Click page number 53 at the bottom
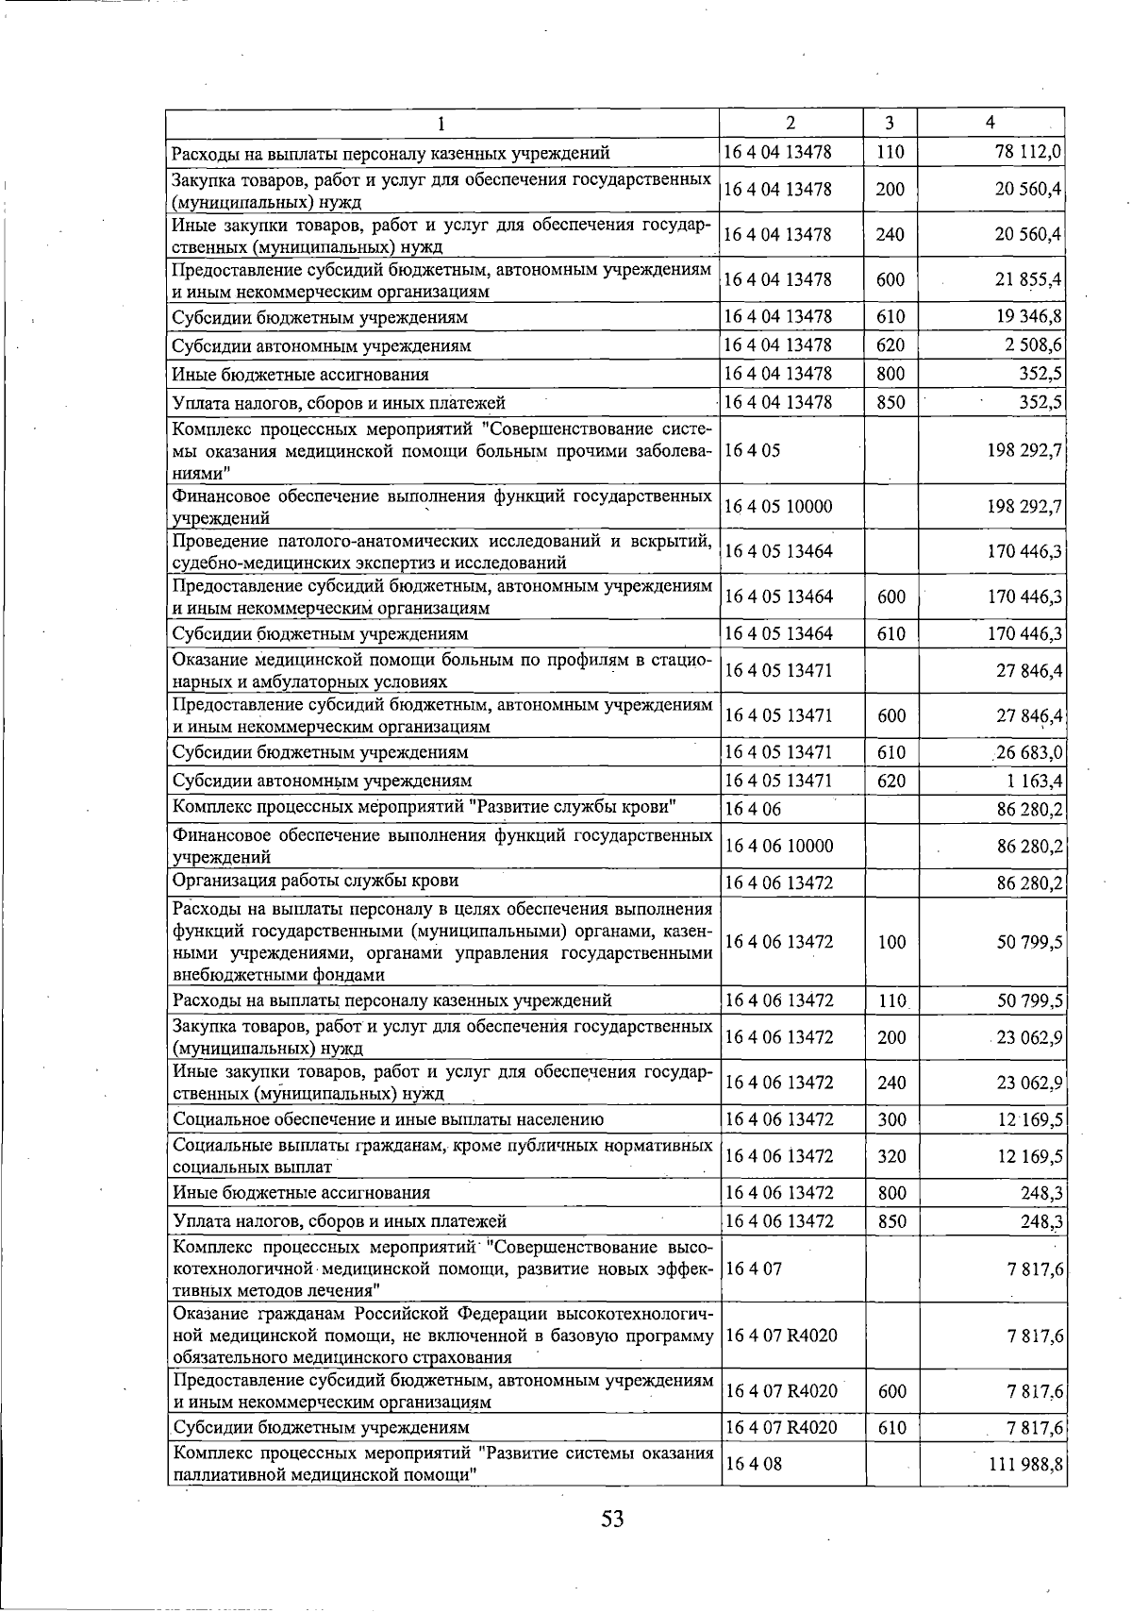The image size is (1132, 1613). (x=613, y=1519)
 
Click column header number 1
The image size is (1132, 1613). (x=441, y=123)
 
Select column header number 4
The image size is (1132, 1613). (x=990, y=122)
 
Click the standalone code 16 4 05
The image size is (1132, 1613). (x=752, y=450)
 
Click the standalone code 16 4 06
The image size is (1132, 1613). (x=752, y=808)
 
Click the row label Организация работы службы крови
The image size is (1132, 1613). (x=316, y=881)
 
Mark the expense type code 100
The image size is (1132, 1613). (x=891, y=942)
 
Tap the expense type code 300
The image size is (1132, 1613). (x=891, y=1119)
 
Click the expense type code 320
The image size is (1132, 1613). (x=891, y=1155)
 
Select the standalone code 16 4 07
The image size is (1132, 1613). (x=752, y=1269)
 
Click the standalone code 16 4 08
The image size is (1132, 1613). (x=752, y=1464)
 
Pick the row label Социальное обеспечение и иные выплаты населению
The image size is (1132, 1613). (x=388, y=1119)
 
